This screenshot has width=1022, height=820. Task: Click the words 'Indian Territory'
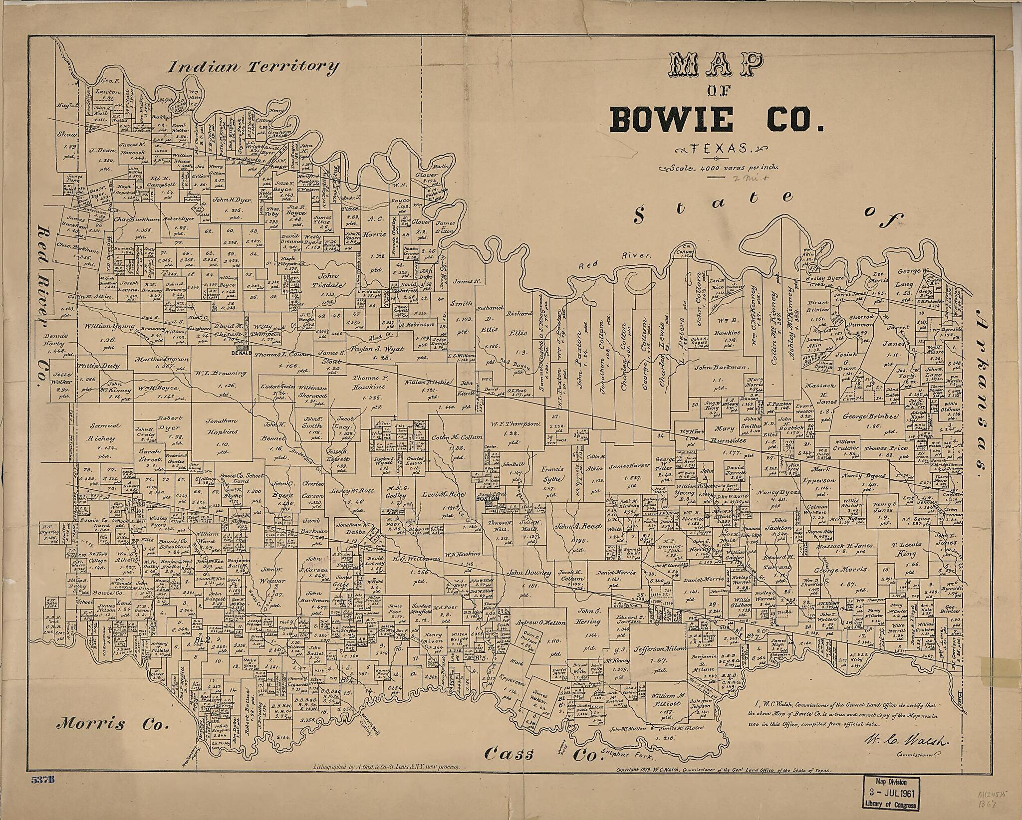click(x=253, y=66)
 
